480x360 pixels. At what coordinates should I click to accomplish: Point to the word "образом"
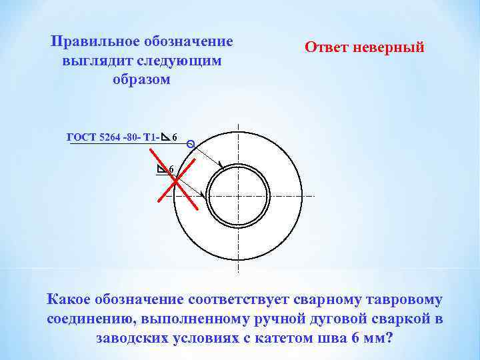tap(142, 79)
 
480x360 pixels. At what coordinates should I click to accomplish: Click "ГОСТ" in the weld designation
tap(82, 138)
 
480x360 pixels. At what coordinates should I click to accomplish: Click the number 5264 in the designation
tap(111, 138)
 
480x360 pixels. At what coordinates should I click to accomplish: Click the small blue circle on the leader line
tap(191, 143)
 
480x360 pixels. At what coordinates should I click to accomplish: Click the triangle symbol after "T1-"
tap(165, 137)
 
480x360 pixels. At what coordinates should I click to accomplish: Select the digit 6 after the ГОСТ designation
tap(175, 139)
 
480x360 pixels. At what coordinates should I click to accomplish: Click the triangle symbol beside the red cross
tap(162, 169)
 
